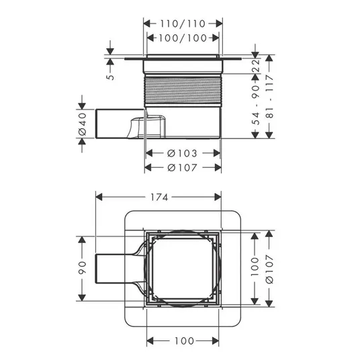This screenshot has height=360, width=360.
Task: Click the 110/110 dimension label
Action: coord(183,24)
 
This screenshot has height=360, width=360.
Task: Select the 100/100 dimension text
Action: coord(183,38)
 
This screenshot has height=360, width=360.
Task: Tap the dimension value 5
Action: coord(110,77)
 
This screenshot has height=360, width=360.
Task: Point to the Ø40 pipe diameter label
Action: coord(82,124)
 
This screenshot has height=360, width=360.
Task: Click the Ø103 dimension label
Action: coord(182,153)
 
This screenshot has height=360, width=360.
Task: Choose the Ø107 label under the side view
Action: coord(182,168)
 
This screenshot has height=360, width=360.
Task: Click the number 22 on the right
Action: coord(255,66)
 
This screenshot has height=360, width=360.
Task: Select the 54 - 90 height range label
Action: coord(255,105)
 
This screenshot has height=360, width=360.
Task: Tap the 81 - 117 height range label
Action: coord(269,96)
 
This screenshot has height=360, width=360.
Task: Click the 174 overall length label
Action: coord(159,197)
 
